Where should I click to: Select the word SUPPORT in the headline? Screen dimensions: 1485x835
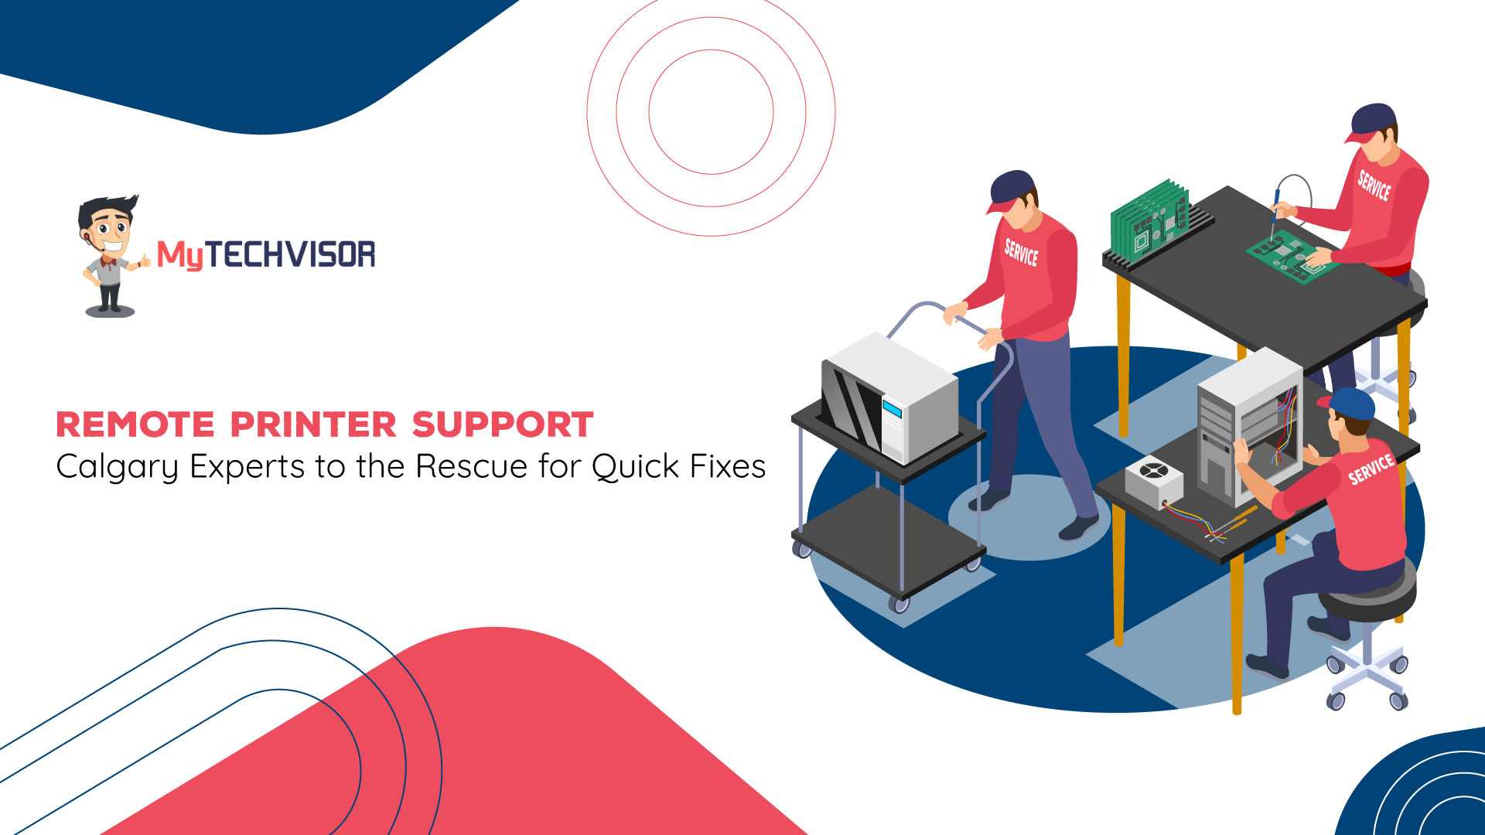(503, 424)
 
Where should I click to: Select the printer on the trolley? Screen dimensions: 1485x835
(889, 397)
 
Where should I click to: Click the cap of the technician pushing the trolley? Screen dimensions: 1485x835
(1011, 189)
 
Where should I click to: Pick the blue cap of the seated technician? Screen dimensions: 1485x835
(1348, 402)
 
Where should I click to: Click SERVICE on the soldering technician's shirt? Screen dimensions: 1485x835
(1374, 186)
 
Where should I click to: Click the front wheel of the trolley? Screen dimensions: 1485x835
(898, 603)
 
